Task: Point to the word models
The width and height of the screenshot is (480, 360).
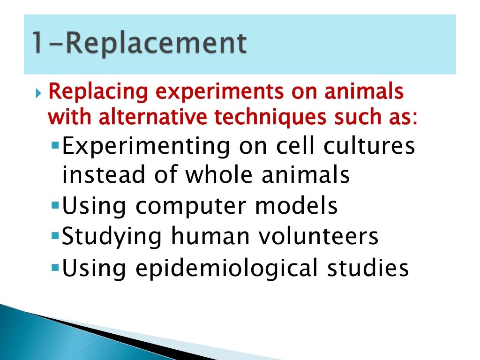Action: pos(298,206)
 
